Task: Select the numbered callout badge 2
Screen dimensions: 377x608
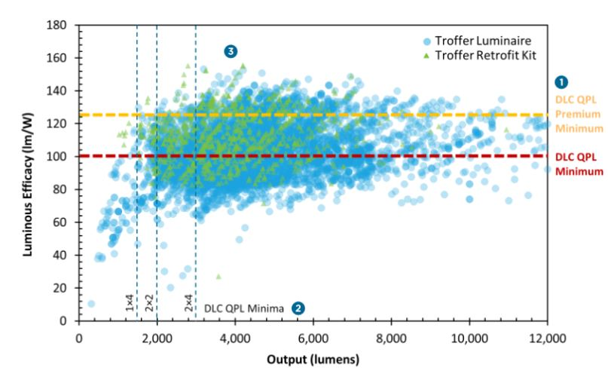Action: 299,308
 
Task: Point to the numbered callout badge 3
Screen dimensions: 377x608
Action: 231,51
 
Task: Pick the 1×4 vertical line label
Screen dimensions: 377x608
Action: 130,302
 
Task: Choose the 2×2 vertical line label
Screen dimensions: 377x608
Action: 149,302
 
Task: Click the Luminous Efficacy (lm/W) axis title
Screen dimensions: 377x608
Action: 30,172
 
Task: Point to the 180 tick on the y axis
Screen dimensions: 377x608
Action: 59,25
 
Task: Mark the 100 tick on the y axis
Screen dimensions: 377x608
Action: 59,157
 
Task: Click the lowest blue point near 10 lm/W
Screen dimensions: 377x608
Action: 91,304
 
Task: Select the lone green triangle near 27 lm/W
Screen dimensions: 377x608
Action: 218,277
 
